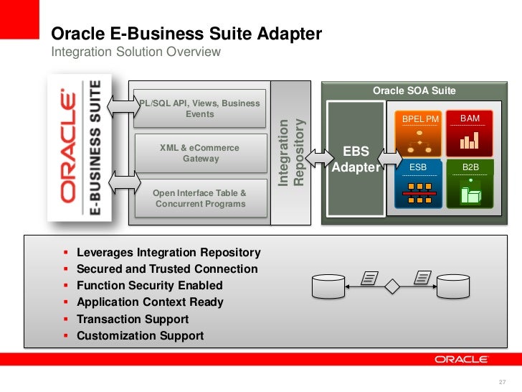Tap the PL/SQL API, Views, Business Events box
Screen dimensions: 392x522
(199, 109)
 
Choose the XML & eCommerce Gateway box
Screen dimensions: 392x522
(199, 153)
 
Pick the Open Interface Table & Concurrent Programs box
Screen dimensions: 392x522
(199, 198)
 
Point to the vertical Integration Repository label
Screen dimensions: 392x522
(292, 152)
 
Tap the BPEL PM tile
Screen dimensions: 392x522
(419, 134)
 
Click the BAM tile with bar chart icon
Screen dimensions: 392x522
(470, 134)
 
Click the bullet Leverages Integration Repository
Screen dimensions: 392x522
(169, 253)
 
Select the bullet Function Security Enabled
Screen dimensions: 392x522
(149, 285)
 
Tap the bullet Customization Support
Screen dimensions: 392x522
(140, 335)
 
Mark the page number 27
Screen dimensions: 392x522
(501, 381)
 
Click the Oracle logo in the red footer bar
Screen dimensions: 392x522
(460, 359)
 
